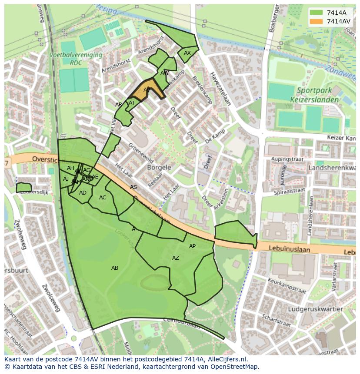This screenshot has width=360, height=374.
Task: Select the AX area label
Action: coord(187,53)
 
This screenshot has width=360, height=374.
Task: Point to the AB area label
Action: coord(115,268)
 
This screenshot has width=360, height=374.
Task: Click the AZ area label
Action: coord(176,258)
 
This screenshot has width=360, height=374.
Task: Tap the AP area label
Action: coord(192,246)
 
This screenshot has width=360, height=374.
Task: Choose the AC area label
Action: coord(103,198)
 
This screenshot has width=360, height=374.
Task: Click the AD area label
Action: coord(83,193)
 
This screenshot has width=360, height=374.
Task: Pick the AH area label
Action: coord(70,168)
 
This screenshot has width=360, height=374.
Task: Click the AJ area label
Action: coord(66,179)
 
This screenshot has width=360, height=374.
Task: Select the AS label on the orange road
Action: coord(133,187)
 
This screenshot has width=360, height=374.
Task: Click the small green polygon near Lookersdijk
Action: coord(24,188)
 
